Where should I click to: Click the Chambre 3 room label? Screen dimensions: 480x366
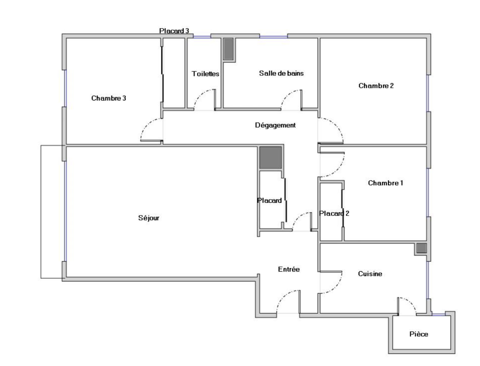coord(109,98)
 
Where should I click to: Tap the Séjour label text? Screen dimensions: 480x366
coord(148,218)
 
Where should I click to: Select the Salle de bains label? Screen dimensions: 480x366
coord(281,73)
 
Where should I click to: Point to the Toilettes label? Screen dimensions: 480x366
coord(205,74)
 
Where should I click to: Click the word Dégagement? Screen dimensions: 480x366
coord(275,125)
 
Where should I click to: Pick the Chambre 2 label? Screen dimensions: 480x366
coord(376,86)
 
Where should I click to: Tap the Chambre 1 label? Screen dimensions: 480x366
coord(385,183)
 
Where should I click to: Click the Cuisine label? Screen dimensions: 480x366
coord(370,274)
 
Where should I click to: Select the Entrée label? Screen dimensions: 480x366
coord(289,269)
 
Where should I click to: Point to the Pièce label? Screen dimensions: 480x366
coord(418,334)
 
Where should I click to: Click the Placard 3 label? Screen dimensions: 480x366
coord(174,31)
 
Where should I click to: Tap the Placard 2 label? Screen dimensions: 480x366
coord(334,213)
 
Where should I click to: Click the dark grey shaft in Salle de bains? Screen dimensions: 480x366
coord(228,49)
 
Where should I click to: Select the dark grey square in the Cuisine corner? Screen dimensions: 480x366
coord(421,248)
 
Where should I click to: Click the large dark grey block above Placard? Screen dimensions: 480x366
coord(271,158)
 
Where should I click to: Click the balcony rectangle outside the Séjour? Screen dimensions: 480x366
coord(41,212)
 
